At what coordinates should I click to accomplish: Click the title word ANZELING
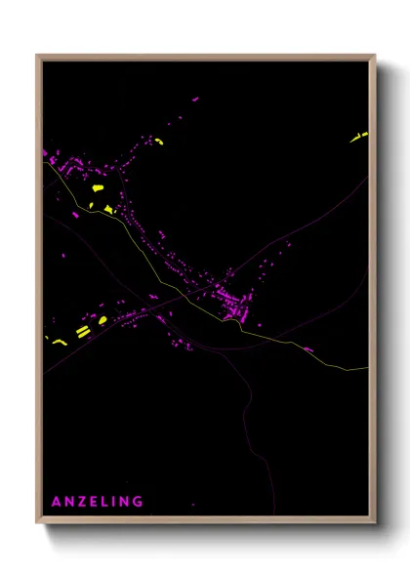click(98, 502)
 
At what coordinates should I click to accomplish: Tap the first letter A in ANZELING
click(56, 502)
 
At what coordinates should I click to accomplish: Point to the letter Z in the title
click(81, 502)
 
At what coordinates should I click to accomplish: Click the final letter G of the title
click(140, 502)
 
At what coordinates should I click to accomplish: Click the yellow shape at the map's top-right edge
click(358, 137)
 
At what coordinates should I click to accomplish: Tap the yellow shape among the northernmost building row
click(159, 141)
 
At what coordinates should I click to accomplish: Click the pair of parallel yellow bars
click(82, 333)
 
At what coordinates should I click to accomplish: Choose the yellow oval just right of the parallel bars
click(102, 319)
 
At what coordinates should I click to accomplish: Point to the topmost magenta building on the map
click(195, 99)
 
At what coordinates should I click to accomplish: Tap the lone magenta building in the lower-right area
click(308, 348)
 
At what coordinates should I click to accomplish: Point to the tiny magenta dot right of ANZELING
click(192, 505)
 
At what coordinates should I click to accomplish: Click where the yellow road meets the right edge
click(369, 368)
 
